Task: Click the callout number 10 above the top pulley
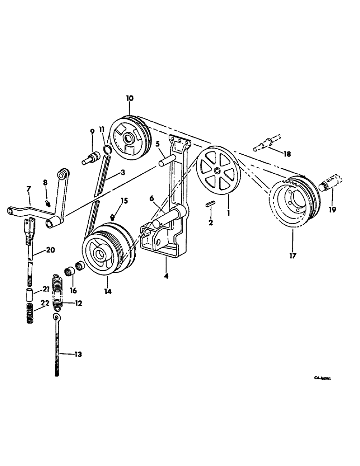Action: [x=130, y=98]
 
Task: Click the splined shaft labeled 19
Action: [x=332, y=183]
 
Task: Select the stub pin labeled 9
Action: [x=90, y=158]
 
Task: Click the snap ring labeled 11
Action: [x=106, y=149]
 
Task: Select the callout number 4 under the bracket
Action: [x=166, y=275]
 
